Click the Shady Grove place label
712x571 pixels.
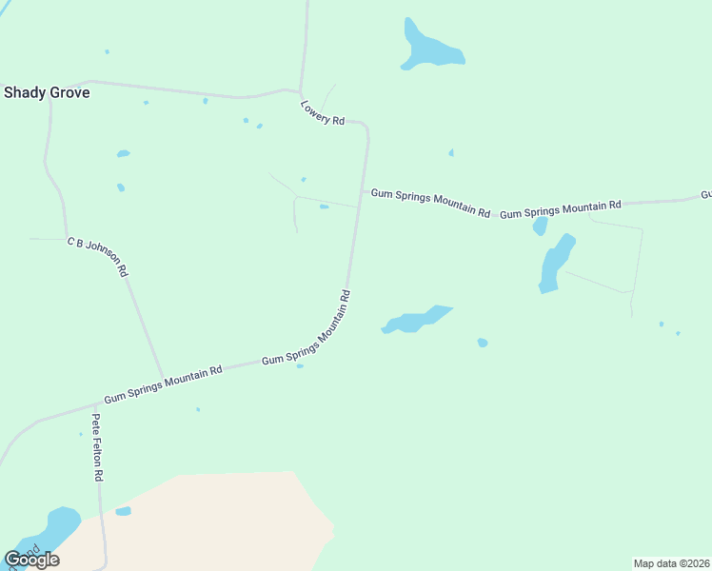click(x=47, y=92)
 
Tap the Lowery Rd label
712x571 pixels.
click(x=322, y=113)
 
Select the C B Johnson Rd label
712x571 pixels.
click(x=97, y=257)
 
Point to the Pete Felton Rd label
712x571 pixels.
click(x=97, y=447)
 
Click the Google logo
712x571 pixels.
click(x=31, y=560)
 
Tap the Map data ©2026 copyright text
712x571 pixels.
click(x=670, y=563)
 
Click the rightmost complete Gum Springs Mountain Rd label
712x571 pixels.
click(x=561, y=209)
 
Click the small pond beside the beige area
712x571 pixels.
click(x=123, y=511)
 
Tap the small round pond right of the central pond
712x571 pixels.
click(x=483, y=343)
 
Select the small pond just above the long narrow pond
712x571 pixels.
click(x=540, y=226)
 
